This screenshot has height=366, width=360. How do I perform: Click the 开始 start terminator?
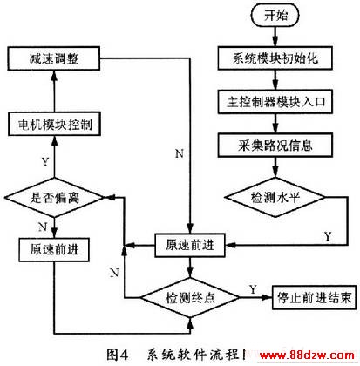pos(275,16)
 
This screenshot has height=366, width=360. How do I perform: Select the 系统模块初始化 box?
pos(275,58)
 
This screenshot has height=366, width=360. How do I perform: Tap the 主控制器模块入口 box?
pos(275,102)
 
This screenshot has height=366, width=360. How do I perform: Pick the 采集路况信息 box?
pos(275,145)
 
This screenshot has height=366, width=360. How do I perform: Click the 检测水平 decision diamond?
pos(275,197)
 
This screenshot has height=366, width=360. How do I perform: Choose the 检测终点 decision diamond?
pos(190,297)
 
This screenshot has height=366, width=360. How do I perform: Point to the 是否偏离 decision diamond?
pos(54,198)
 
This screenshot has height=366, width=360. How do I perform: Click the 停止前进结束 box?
pos(314,297)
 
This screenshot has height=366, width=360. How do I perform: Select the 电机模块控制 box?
pos(54,124)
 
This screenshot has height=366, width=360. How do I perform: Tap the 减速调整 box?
pos(54,58)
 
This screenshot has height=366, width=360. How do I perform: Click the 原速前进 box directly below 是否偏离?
pos(54,249)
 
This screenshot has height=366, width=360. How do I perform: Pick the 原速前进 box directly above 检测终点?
pos(190,245)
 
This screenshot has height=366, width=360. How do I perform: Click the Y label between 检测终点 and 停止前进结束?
pos(253,289)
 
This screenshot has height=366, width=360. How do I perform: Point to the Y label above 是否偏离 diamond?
pos(45,161)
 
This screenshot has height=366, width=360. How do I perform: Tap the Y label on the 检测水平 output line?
pos(328,236)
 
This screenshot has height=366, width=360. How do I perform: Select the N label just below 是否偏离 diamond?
pos(43,227)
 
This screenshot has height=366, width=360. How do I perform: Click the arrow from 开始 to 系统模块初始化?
pos(275,37)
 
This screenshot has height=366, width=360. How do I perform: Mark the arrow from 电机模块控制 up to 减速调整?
pos(54,91)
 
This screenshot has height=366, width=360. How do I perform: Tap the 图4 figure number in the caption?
pos(117,355)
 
